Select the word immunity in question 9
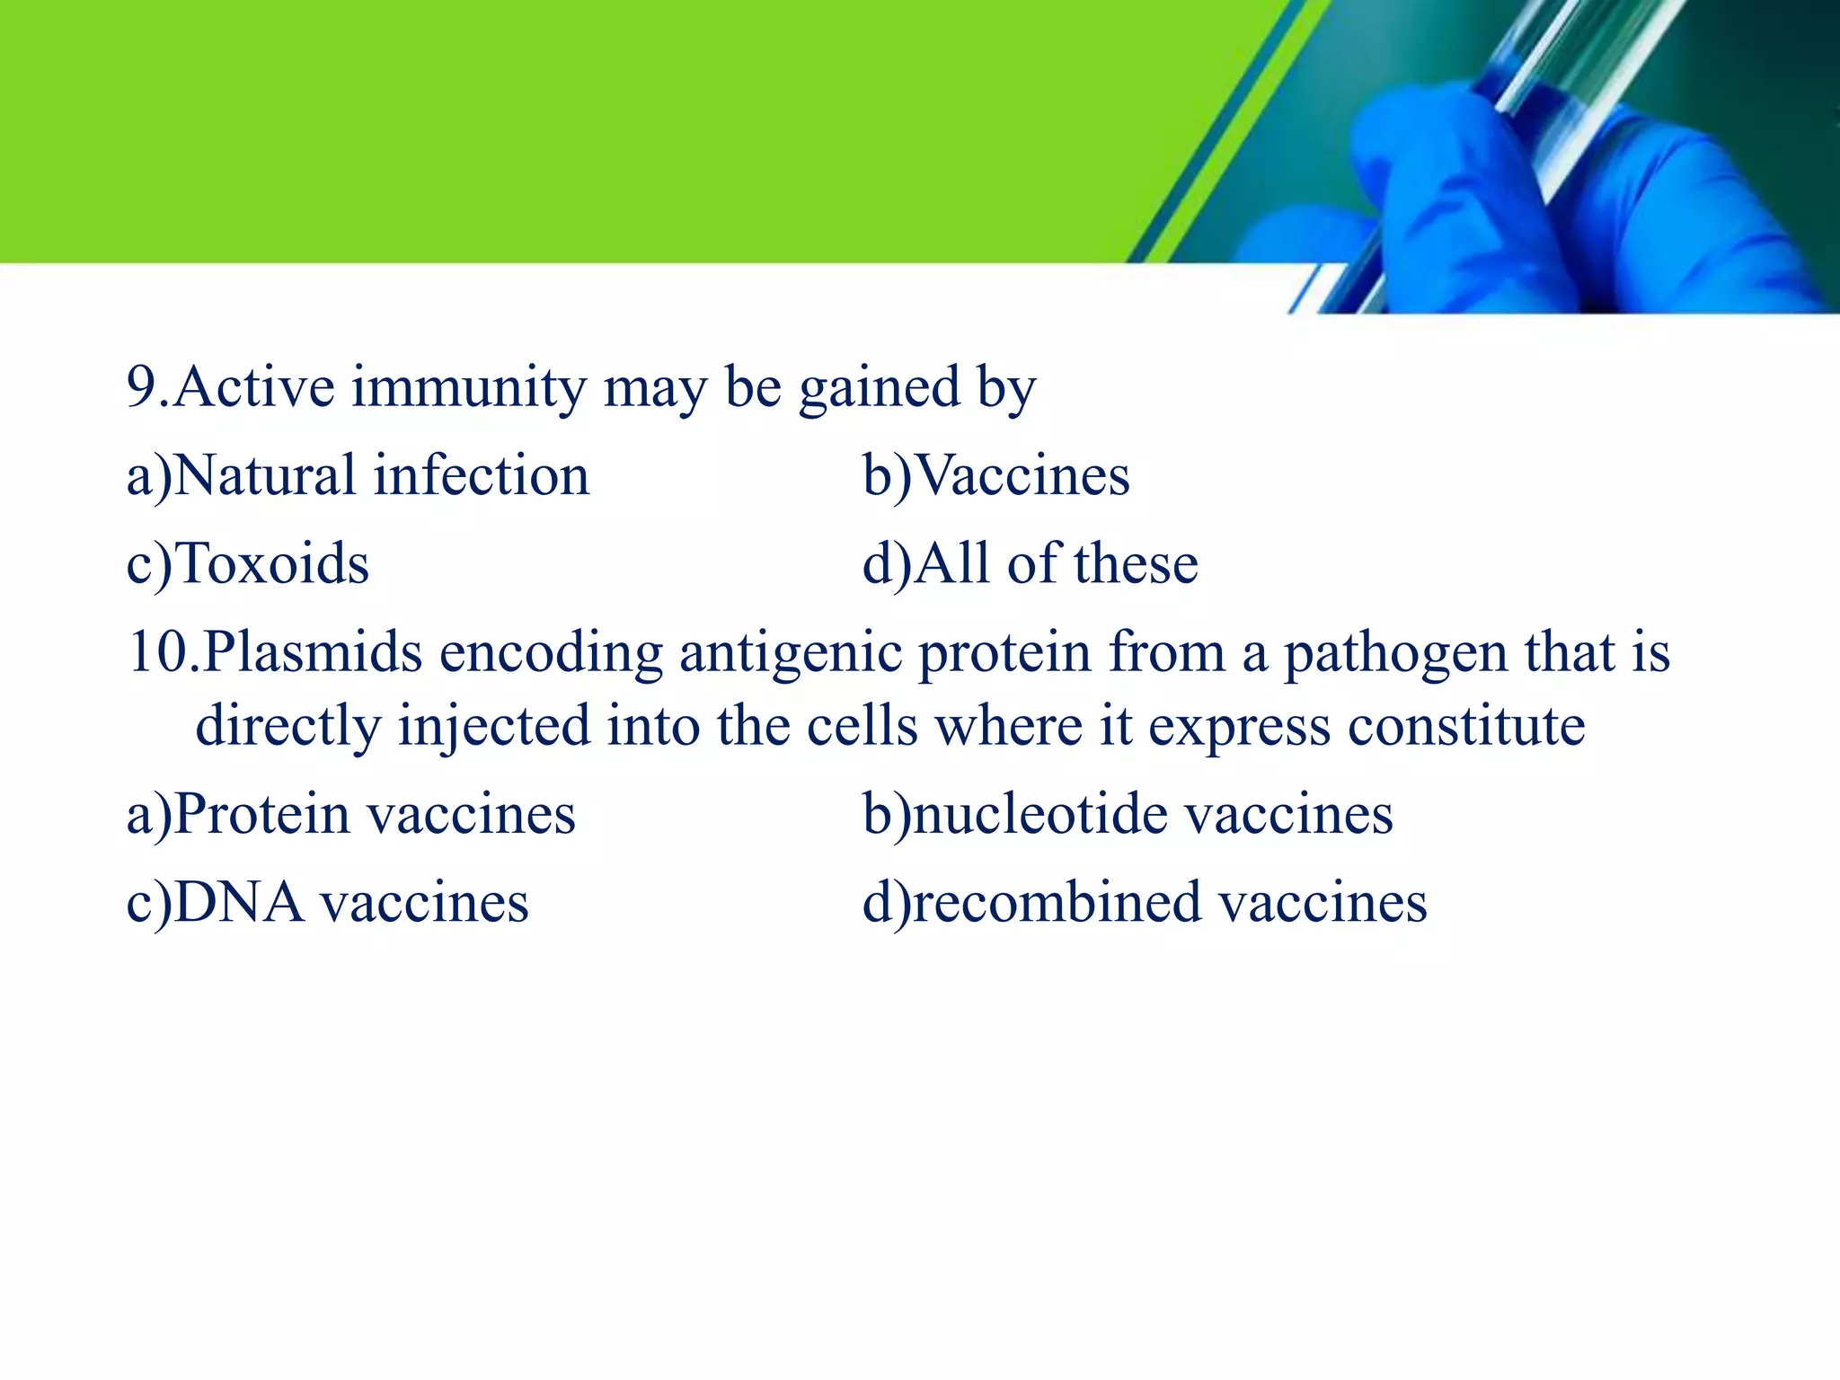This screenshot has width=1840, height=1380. click(x=468, y=388)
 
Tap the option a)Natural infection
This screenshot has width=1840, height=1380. click(x=358, y=475)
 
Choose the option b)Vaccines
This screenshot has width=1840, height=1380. click(x=995, y=475)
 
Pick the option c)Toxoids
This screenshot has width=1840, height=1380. click(x=248, y=564)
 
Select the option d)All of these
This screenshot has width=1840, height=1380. click(x=1030, y=564)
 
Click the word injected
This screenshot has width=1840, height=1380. click(x=494, y=726)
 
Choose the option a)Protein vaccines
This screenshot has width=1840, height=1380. click(x=350, y=814)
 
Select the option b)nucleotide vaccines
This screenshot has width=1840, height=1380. click(x=1128, y=814)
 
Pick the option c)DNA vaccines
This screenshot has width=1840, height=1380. click(x=327, y=902)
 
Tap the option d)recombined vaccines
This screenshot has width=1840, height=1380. click(x=1145, y=902)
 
